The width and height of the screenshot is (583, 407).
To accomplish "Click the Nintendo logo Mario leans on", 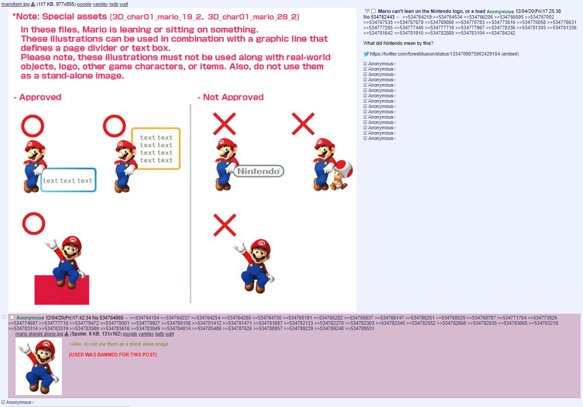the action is click(x=259, y=171).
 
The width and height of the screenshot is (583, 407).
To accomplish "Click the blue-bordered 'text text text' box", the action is click(x=68, y=180).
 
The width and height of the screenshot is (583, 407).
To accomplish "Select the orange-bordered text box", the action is click(x=156, y=148).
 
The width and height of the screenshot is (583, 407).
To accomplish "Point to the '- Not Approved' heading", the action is click(x=231, y=97).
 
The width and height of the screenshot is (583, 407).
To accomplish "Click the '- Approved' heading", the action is click(x=37, y=97).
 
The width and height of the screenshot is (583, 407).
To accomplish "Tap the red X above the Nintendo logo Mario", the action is click(x=224, y=124).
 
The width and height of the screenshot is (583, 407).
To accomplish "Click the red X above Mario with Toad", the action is click(x=303, y=124).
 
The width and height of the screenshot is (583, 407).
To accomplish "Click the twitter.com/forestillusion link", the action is click(x=434, y=54).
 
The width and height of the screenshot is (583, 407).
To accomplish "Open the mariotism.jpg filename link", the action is click(x=16, y=4).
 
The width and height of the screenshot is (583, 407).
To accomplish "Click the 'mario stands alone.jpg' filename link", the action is click(x=39, y=334).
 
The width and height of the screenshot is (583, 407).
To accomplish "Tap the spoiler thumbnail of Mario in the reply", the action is click(x=39, y=366).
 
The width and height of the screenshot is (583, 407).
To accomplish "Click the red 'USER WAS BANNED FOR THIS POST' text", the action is click(x=113, y=355).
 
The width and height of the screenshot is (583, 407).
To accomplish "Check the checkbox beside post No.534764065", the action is click(x=12, y=317).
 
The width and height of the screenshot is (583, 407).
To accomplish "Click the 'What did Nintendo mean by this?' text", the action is click(x=398, y=43).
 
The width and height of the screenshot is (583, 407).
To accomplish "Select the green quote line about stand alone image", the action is click(x=118, y=344).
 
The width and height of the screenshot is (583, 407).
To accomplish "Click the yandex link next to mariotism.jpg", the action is click(x=100, y=4).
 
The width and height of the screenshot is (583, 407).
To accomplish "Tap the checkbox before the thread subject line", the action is click(x=373, y=11).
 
